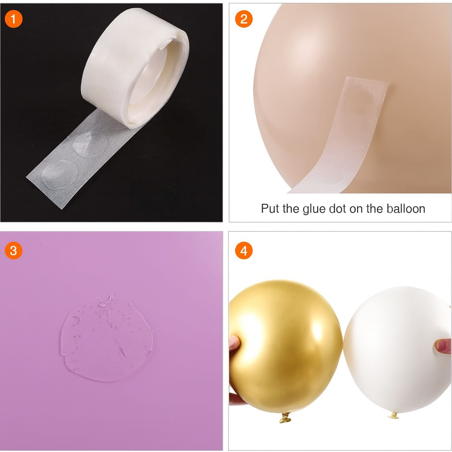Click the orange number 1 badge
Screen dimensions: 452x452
(14, 19)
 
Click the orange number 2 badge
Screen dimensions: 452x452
(244, 19)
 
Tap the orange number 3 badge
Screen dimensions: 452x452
(14, 250)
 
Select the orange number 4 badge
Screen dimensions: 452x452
(244, 250)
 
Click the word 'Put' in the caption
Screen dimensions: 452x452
(271, 208)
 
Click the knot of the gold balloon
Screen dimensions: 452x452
(285, 417)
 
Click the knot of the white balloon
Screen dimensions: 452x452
(393, 415)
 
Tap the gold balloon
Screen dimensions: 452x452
(286, 346)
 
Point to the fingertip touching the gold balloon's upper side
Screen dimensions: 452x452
(234, 343)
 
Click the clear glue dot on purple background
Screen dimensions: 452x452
(107, 338)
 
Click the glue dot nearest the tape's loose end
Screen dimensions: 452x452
(60, 174)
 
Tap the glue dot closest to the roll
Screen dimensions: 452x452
(90, 144)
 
